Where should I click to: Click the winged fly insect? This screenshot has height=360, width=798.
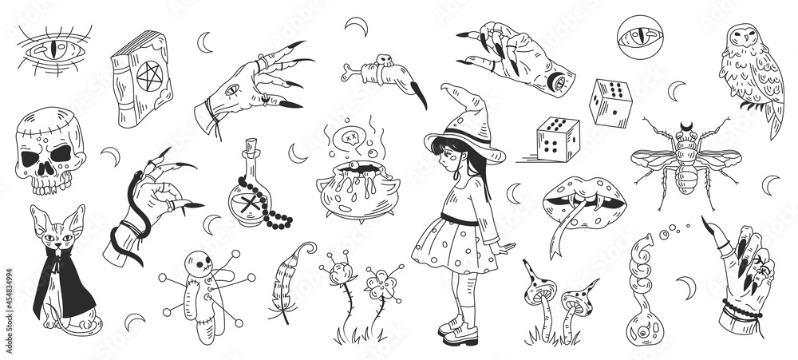pyautogui.click(x=688, y=160)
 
